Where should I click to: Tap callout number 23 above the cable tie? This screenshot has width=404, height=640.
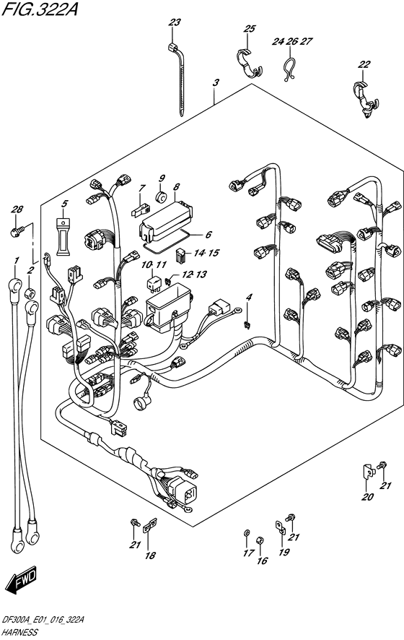(174, 23)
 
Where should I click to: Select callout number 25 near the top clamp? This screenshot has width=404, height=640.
(250, 30)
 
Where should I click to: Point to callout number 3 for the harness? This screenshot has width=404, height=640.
(215, 84)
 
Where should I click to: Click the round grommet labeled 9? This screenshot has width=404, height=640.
(162, 195)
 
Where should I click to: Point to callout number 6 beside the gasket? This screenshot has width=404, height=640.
(208, 234)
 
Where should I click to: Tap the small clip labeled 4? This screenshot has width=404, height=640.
(247, 323)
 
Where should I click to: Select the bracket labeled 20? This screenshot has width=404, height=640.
(367, 471)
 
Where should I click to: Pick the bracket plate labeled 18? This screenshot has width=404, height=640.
(149, 529)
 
